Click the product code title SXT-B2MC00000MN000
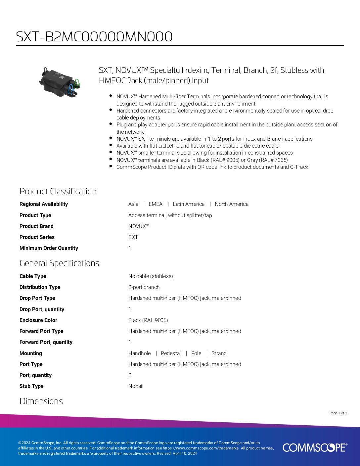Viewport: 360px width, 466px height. click(94, 37)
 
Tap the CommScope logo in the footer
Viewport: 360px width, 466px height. click(315, 447)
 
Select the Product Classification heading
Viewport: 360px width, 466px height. click(58, 191)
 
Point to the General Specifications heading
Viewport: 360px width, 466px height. click(59, 263)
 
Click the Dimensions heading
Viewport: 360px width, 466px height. click(41, 401)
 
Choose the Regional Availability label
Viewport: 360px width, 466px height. click(44, 204)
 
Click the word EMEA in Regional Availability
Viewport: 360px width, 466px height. click(156, 204)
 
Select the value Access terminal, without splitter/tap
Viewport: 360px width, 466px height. click(170, 215)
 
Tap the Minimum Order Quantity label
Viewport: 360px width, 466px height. click(49, 248)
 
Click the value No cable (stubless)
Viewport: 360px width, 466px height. click(151, 276)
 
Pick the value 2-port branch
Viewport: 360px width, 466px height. click(144, 287)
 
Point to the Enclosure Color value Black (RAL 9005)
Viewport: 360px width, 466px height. click(148, 320)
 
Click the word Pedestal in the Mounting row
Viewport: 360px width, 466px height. click(171, 353)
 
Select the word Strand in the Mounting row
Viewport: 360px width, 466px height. click(219, 353)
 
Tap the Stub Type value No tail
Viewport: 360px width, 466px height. click(136, 386)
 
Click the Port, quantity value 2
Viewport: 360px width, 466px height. click(130, 375)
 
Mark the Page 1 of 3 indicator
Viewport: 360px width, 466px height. click(338, 413)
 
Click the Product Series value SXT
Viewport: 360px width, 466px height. click(133, 237)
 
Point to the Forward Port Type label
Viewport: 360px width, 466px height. click(41, 331)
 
